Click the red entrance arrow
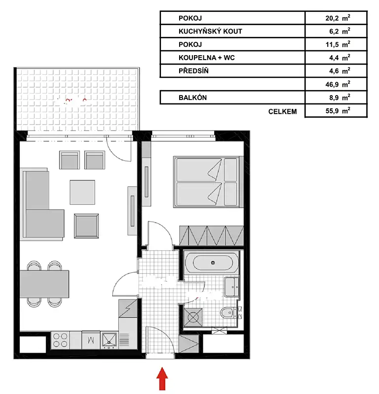click(162, 379)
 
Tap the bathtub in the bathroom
click(212, 263)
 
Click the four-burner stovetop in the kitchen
click(60, 340)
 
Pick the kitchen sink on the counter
click(109, 340)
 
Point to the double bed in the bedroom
click(208, 182)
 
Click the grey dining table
click(44, 284)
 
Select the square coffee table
click(82, 192)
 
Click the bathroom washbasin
click(232, 287)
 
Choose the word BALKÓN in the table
click(192, 98)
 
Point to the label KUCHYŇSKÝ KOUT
click(210, 31)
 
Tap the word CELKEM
click(283, 111)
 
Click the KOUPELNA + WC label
click(206, 58)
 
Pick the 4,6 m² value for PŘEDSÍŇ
click(340, 70)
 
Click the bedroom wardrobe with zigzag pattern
click(212, 236)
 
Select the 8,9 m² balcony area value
click(340, 97)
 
